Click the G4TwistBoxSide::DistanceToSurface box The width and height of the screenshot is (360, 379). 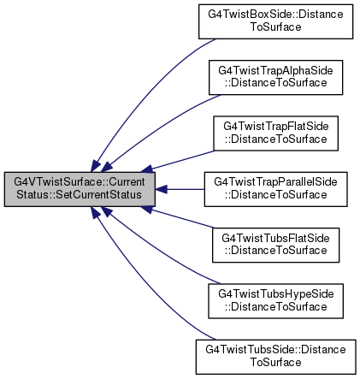(275, 21)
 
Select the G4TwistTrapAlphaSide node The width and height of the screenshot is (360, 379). (275, 77)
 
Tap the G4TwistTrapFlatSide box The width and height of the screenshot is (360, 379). (275, 133)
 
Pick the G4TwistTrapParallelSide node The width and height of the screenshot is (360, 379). (275, 189)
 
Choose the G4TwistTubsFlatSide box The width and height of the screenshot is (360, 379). (275, 245)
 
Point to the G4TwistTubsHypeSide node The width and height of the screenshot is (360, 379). (275, 301)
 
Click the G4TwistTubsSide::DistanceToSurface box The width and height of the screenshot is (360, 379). (275, 357)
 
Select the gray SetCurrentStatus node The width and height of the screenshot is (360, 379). (80, 189)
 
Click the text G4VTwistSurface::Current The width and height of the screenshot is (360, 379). (80, 181)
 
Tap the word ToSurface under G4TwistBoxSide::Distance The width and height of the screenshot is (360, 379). (275, 27)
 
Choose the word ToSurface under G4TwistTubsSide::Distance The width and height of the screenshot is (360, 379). (275, 363)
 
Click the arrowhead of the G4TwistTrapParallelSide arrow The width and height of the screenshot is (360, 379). (161, 189)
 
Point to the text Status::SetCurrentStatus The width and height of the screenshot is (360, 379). (79, 194)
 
